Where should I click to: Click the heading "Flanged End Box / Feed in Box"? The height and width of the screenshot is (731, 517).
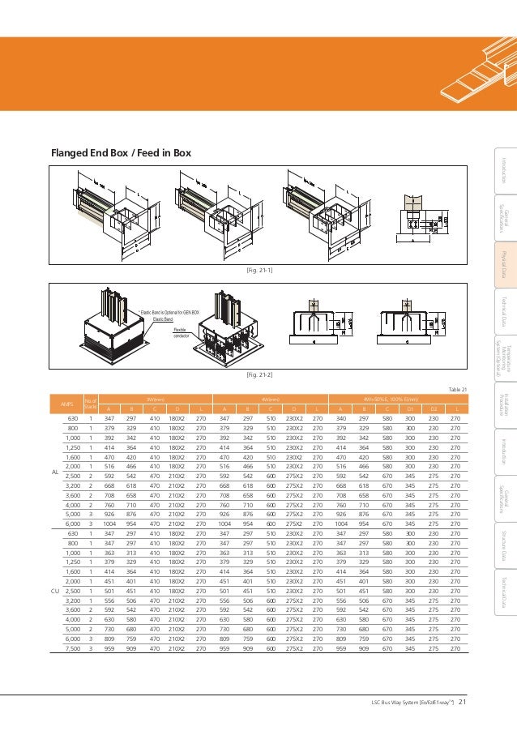(x=121, y=153)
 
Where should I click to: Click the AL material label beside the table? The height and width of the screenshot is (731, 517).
(x=54, y=472)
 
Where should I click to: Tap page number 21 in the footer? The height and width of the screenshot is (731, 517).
(x=463, y=702)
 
